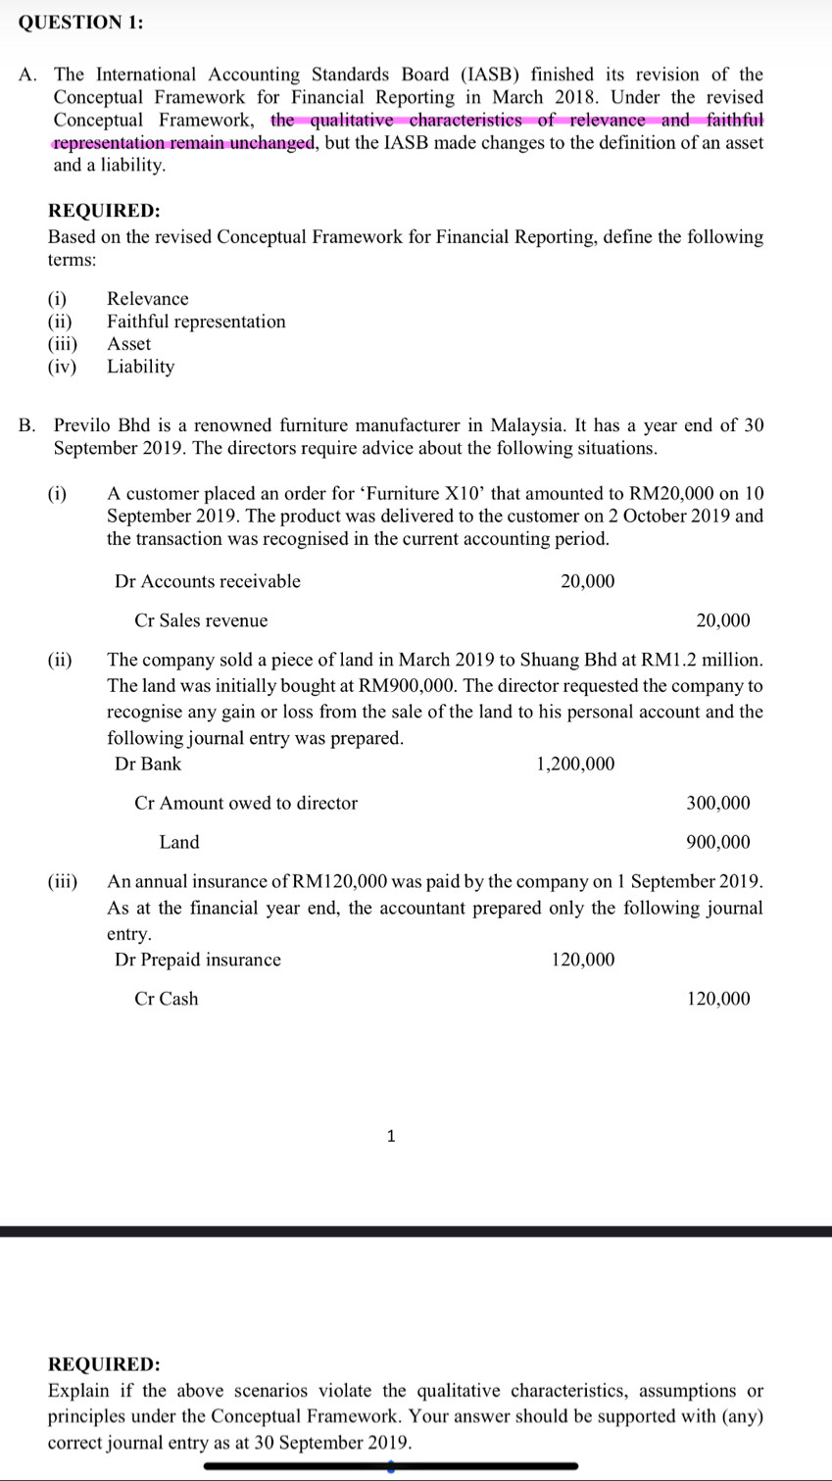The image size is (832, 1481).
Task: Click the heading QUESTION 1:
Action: (80, 25)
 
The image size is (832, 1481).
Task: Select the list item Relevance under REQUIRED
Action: (147, 299)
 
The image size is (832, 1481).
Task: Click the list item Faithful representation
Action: (196, 321)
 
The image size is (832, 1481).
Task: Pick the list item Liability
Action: (140, 367)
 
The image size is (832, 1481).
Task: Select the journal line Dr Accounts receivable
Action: (208, 581)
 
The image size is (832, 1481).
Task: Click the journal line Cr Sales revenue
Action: (201, 620)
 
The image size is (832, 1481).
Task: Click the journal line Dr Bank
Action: (148, 764)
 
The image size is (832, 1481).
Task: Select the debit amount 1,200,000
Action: (575, 764)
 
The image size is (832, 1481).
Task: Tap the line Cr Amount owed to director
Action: (246, 803)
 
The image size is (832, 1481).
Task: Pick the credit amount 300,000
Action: (718, 803)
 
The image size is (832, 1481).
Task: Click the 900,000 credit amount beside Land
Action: (718, 842)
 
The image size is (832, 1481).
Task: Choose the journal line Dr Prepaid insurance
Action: (198, 960)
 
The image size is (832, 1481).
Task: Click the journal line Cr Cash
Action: (167, 999)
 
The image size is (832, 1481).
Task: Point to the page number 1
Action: (391, 1137)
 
